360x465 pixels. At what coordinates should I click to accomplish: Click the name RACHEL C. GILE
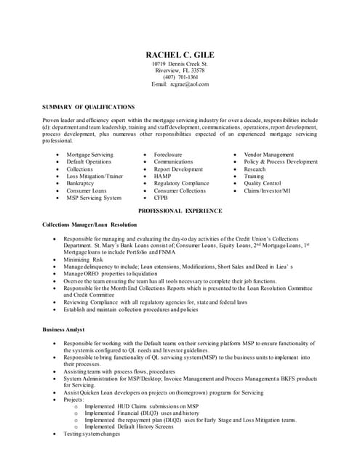tap(180, 55)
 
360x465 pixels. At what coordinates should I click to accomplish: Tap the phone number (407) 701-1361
tap(180, 77)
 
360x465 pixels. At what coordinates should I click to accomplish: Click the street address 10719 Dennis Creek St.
tap(180, 64)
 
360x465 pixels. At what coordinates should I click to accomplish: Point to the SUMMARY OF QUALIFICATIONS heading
tap(88, 106)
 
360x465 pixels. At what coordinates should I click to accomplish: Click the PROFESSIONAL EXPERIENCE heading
tap(180, 210)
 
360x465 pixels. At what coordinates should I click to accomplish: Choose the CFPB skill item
tap(162, 198)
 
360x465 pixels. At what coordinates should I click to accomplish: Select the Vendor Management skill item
tap(268, 155)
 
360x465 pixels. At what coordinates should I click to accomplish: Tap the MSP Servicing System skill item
tap(94, 198)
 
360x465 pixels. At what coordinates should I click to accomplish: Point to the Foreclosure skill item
tap(168, 155)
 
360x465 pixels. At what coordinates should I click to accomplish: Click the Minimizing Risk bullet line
tap(83, 259)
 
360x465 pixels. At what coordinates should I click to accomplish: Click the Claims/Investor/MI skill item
tap(267, 190)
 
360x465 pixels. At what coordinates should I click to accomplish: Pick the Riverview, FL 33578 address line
tap(180, 70)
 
